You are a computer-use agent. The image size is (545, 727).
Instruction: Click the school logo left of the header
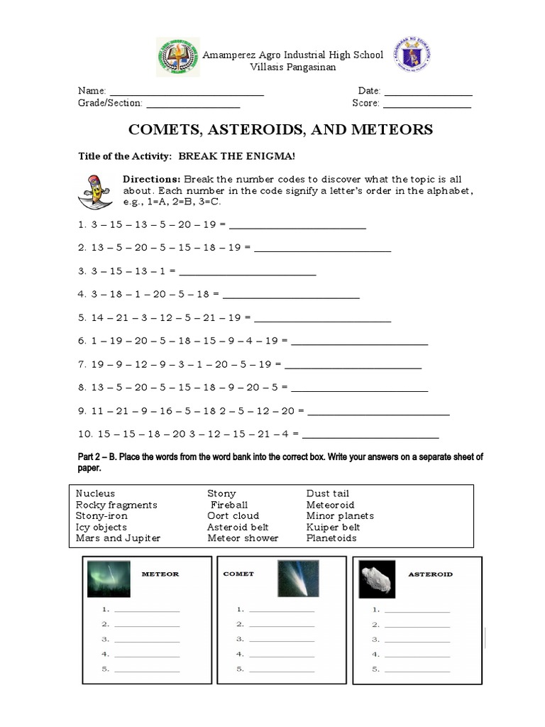[x=178, y=56]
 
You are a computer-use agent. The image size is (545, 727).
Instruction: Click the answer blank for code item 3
[x=248, y=273]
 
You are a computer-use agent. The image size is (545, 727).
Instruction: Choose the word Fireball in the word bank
[x=229, y=505]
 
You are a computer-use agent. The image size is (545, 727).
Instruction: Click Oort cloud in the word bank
[x=233, y=516]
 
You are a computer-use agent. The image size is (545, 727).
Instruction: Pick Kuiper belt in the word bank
[x=333, y=528]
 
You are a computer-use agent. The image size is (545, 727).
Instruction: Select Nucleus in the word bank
[x=95, y=493]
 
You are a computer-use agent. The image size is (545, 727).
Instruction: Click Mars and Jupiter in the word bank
[x=118, y=538]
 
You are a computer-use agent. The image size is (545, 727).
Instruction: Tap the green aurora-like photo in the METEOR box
[x=109, y=578]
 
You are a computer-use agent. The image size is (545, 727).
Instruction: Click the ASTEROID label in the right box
[x=430, y=574]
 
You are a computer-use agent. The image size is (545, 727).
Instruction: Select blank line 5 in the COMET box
[x=282, y=670]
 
